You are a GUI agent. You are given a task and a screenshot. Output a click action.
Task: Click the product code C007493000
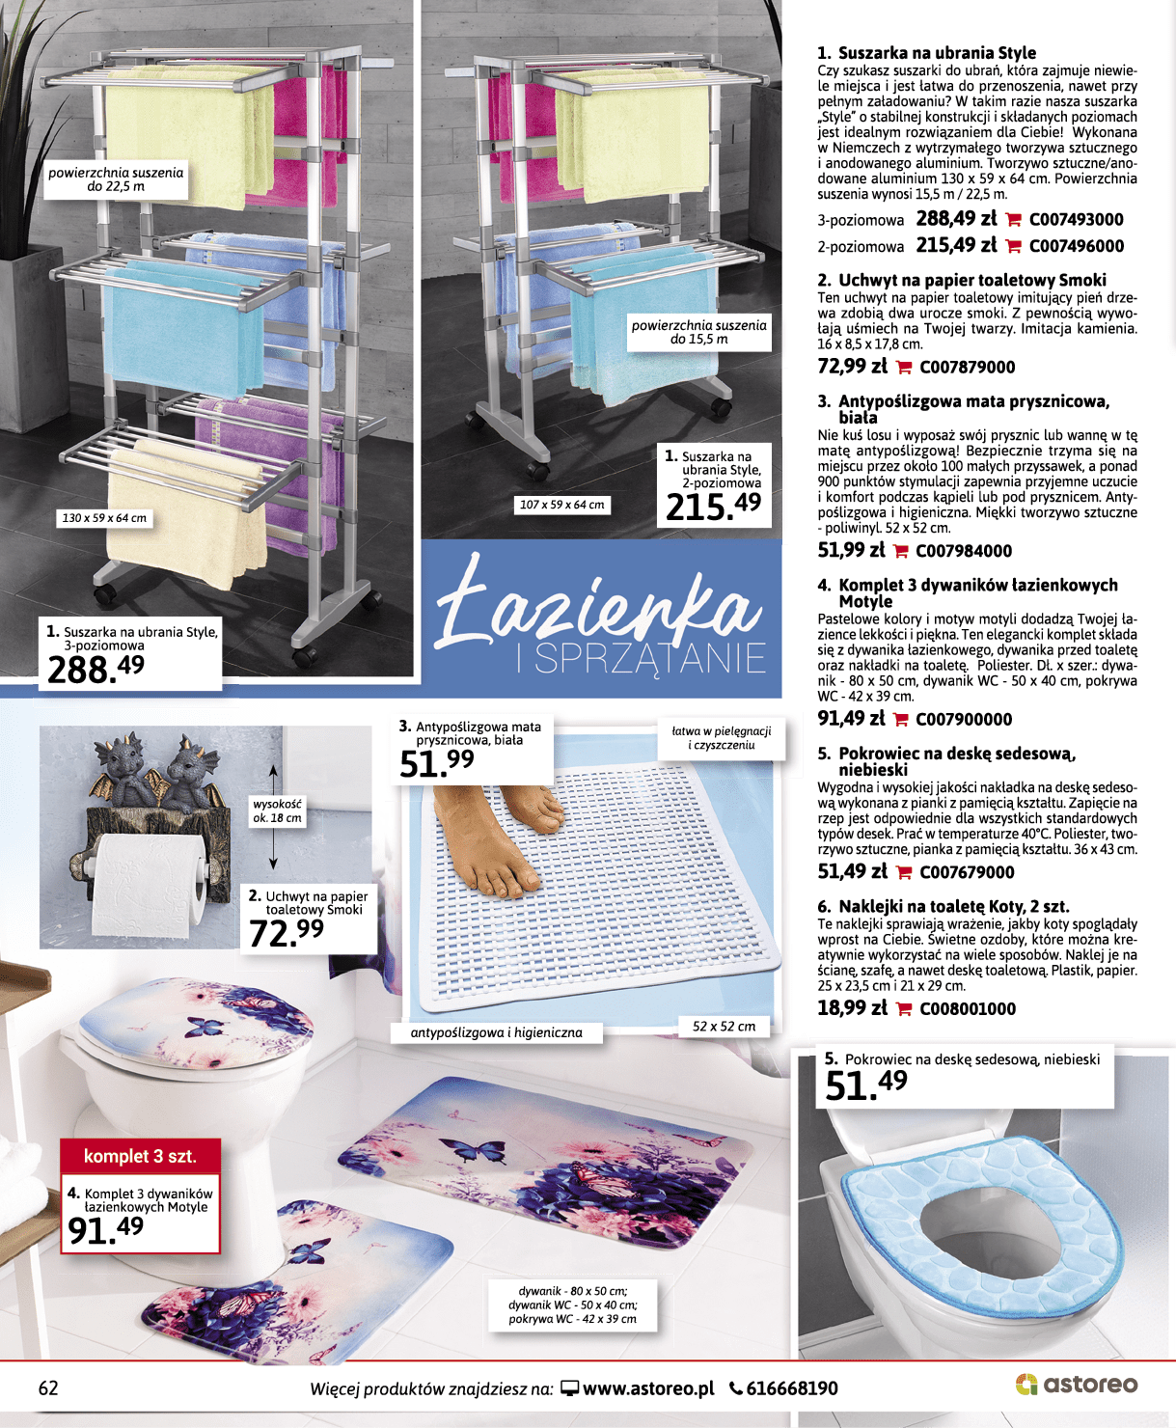(x=1077, y=220)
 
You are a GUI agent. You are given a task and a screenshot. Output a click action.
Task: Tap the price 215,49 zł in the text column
(x=957, y=245)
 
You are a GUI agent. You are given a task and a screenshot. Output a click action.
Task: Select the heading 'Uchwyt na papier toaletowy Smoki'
(x=971, y=280)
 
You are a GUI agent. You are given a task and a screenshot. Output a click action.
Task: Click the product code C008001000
(x=968, y=1008)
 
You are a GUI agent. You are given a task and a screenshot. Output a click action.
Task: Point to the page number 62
(x=48, y=1387)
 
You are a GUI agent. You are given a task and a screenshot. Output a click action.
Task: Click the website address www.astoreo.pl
(x=648, y=1388)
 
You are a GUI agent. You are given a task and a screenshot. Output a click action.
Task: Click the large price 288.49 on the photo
(x=96, y=669)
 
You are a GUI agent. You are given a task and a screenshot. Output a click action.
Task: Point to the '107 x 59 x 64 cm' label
(x=562, y=505)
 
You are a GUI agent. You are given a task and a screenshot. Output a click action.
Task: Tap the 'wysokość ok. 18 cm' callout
(x=277, y=811)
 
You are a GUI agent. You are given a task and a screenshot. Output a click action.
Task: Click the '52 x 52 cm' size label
(x=724, y=1026)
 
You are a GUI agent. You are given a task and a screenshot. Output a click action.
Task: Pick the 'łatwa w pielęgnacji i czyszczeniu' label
(x=721, y=738)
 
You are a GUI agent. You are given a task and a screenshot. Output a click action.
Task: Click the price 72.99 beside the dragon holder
(x=286, y=932)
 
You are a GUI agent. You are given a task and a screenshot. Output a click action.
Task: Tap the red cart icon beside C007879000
(x=904, y=368)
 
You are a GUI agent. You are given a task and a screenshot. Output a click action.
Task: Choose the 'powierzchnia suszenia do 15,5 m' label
(x=698, y=332)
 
